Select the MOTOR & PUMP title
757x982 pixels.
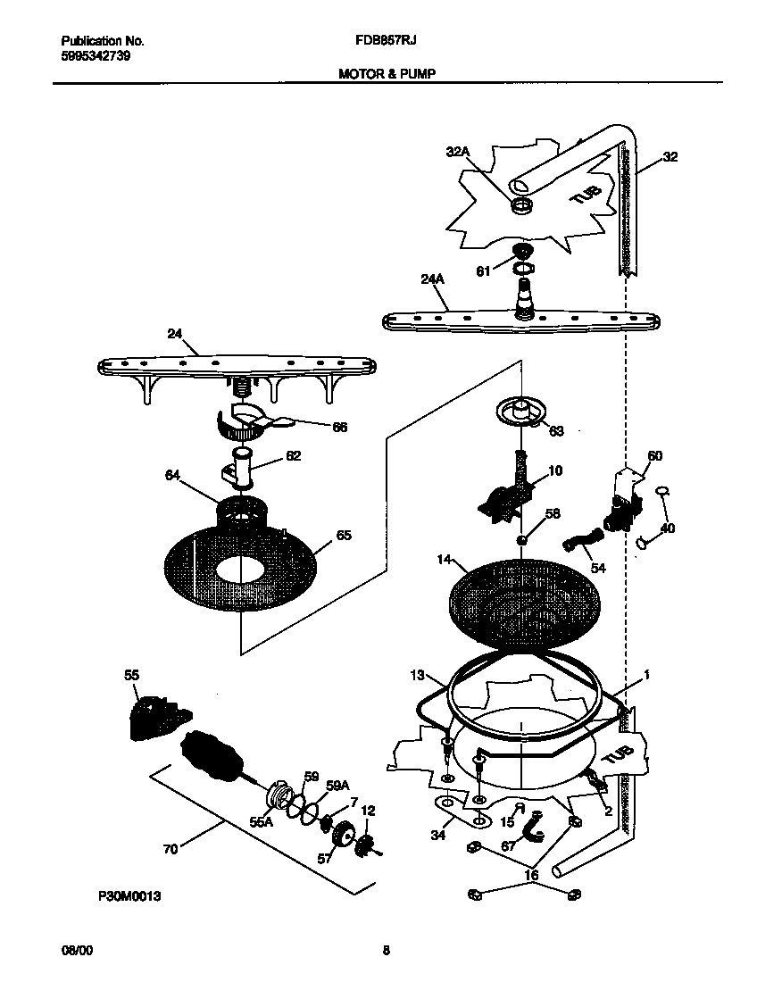point(387,74)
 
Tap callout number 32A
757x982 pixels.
point(457,153)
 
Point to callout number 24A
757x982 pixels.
point(432,280)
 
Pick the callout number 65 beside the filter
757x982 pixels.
point(343,536)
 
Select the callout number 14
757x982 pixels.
point(445,561)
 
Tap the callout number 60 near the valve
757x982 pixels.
point(654,456)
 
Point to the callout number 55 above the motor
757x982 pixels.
point(131,677)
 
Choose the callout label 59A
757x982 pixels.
point(337,786)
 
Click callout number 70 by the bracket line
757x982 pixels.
point(170,849)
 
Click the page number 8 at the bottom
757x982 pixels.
point(386,951)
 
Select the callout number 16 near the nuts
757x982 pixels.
point(532,876)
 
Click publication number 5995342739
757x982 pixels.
point(97,55)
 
